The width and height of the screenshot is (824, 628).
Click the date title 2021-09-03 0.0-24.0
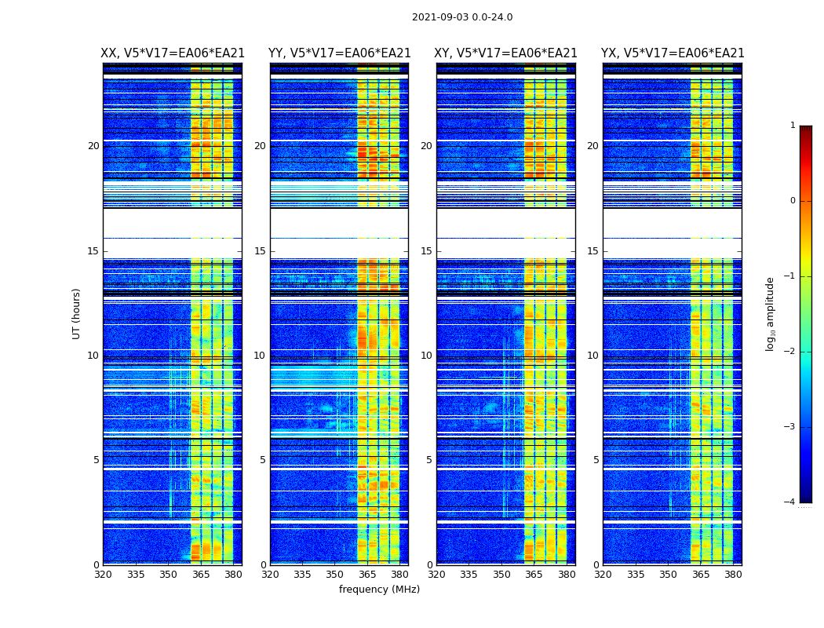coord(462,17)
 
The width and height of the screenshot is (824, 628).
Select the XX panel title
coord(173,53)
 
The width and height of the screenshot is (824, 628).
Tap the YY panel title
coord(339,53)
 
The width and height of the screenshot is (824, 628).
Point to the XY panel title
coord(506,53)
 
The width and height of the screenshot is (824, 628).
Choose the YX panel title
coord(673,53)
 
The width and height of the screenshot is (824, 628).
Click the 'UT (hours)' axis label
coord(77,313)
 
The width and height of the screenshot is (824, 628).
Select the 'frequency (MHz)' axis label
coord(379,590)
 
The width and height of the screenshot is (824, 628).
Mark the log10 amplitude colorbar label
coord(771,313)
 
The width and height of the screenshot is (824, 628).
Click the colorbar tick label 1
coord(793,126)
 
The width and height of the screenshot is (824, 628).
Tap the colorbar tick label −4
coord(790,502)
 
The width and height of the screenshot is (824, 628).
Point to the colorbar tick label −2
coord(790,352)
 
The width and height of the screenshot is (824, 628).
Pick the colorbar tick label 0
coord(793,201)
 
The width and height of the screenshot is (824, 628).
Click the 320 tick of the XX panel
coord(103,575)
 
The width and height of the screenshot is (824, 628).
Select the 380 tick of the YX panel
coord(733,575)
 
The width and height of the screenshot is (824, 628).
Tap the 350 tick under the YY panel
coord(335,575)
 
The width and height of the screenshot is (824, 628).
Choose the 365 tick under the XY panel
coord(534,575)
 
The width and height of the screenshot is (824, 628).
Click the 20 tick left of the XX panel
coord(93,146)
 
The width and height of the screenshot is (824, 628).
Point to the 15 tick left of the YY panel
coord(260,251)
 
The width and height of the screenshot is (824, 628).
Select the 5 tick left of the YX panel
coord(596,460)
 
